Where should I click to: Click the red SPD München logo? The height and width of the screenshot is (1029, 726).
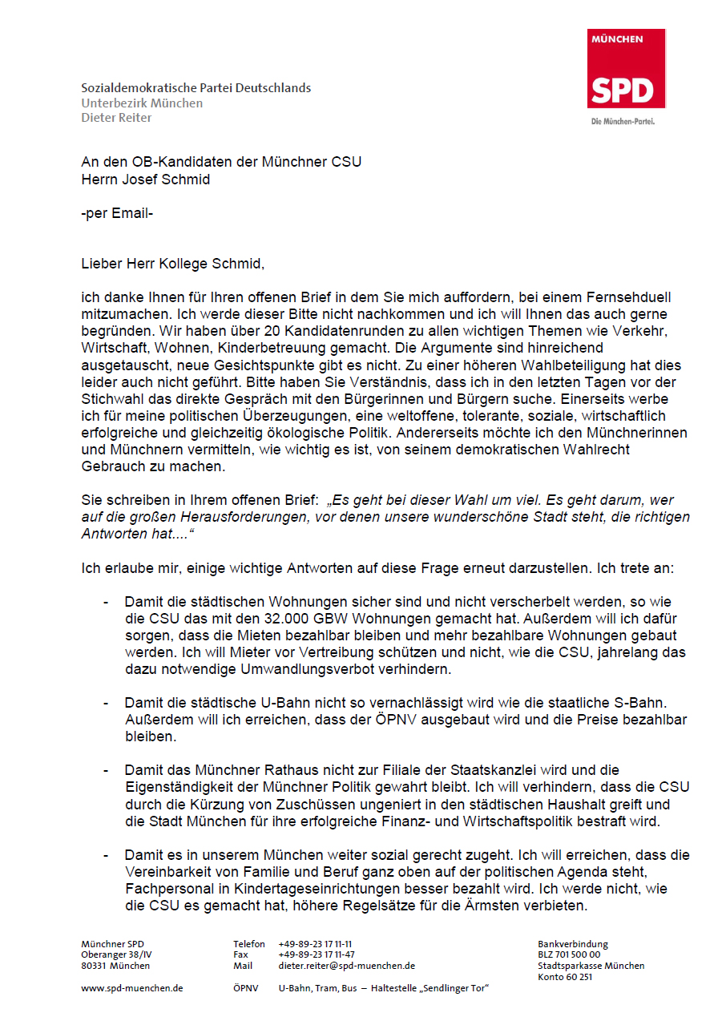tap(627, 69)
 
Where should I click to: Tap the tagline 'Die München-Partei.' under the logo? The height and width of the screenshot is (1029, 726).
tap(623, 122)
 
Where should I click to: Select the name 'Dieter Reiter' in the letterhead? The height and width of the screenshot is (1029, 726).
tap(116, 118)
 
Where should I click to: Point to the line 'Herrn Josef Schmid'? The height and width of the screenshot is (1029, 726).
tap(146, 180)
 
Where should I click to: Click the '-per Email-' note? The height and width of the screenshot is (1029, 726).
tap(118, 213)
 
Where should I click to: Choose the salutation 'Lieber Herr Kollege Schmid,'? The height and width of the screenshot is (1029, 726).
tap(172, 263)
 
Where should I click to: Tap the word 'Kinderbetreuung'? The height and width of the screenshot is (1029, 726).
tap(308, 347)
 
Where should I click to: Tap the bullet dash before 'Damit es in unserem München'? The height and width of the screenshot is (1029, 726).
tap(106, 856)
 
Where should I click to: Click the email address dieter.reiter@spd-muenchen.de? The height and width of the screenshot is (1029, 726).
tap(346, 966)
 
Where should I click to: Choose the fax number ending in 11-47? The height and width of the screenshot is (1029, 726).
tap(317, 955)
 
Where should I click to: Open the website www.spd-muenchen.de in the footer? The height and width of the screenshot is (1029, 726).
tap(132, 988)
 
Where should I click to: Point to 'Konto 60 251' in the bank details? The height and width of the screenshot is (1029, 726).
tap(565, 977)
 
